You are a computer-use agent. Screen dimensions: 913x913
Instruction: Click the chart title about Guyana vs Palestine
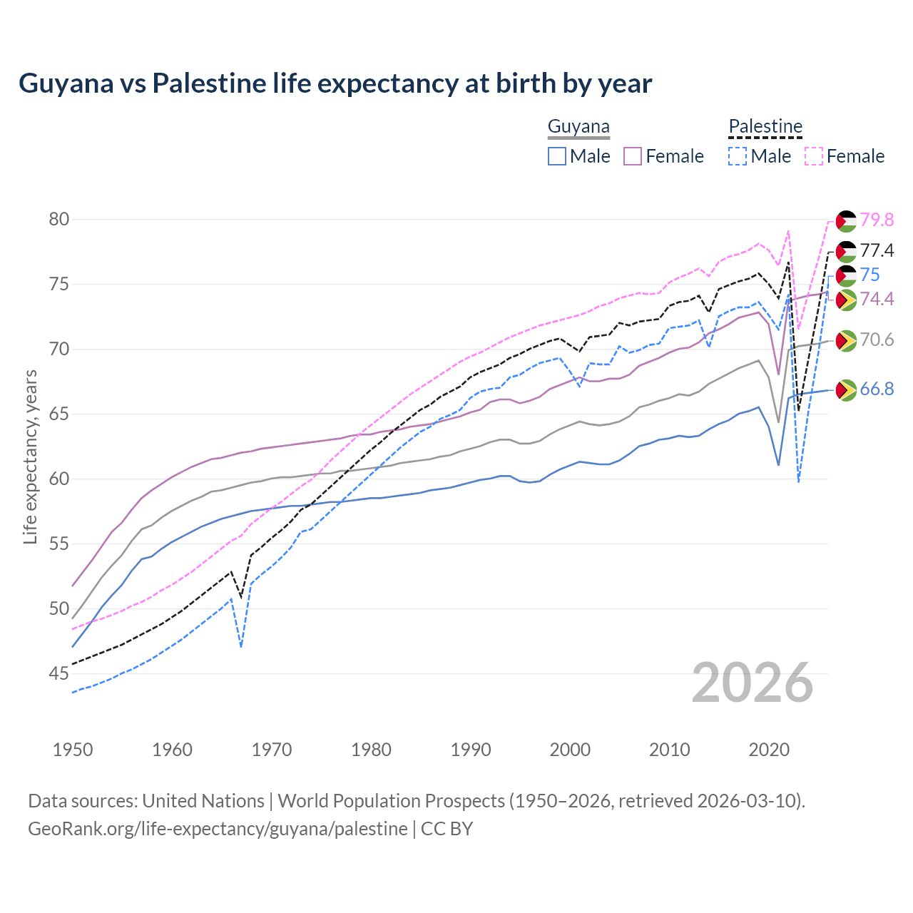click(x=335, y=83)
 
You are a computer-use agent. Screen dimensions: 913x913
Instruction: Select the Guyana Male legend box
click(x=557, y=156)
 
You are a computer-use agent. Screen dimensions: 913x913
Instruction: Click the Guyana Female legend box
click(x=633, y=156)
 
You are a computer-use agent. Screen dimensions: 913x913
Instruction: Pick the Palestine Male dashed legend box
click(x=738, y=156)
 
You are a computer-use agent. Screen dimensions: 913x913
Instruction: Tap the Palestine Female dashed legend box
click(x=814, y=156)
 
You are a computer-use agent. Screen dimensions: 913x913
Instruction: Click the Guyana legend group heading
click(x=578, y=127)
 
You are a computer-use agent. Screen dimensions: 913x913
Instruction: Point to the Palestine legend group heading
click(x=765, y=127)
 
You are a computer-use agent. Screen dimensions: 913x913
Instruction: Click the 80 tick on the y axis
click(x=59, y=219)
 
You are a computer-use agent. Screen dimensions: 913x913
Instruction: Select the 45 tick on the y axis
click(x=59, y=673)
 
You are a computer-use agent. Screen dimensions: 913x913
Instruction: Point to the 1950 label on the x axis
click(x=73, y=750)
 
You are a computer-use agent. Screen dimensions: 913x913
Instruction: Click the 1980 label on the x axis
click(x=371, y=750)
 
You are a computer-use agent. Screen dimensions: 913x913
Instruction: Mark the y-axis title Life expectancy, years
click(x=30, y=456)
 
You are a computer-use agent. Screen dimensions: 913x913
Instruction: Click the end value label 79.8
click(x=877, y=220)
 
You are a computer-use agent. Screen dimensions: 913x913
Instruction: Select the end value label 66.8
click(x=877, y=389)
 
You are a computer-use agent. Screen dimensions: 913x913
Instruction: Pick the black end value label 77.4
click(x=877, y=250)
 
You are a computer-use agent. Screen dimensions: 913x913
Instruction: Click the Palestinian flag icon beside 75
click(x=846, y=275)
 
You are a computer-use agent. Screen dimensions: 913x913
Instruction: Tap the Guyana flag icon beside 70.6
click(x=846, y=340)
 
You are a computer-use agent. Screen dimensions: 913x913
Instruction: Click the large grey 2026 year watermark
click(x=753, y=683)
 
